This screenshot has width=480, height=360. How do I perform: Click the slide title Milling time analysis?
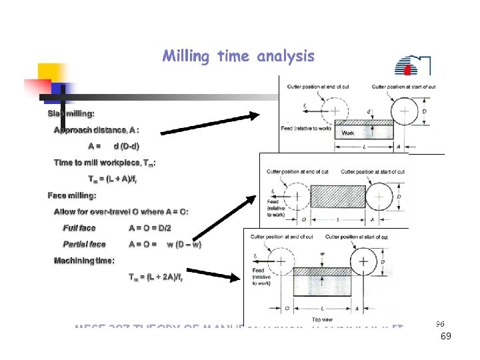coord(238,56)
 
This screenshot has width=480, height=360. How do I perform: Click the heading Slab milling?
coord(71,114)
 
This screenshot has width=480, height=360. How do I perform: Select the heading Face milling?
coord(72,195)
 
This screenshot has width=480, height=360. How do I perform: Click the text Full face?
coord(79,228)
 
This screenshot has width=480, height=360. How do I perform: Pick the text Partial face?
coord(84,245)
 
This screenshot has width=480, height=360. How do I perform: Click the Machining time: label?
coord(84,261)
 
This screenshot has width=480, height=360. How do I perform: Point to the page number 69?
coord(446,337)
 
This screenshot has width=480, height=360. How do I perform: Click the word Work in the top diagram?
coord(347,133)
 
